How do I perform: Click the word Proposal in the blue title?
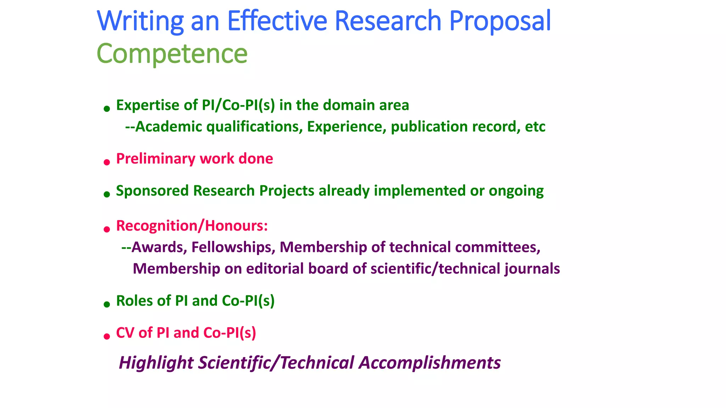[500, 21]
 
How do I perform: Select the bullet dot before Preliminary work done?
[107, 163]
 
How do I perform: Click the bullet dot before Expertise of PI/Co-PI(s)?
[107, 109]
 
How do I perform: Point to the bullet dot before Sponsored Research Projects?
[107, 194]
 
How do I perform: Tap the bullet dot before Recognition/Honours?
[107, 230]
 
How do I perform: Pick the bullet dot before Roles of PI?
[107, 304]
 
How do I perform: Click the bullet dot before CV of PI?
[107, 336]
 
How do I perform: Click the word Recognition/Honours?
[192, 226]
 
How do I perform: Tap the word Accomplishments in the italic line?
[430, 363]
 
